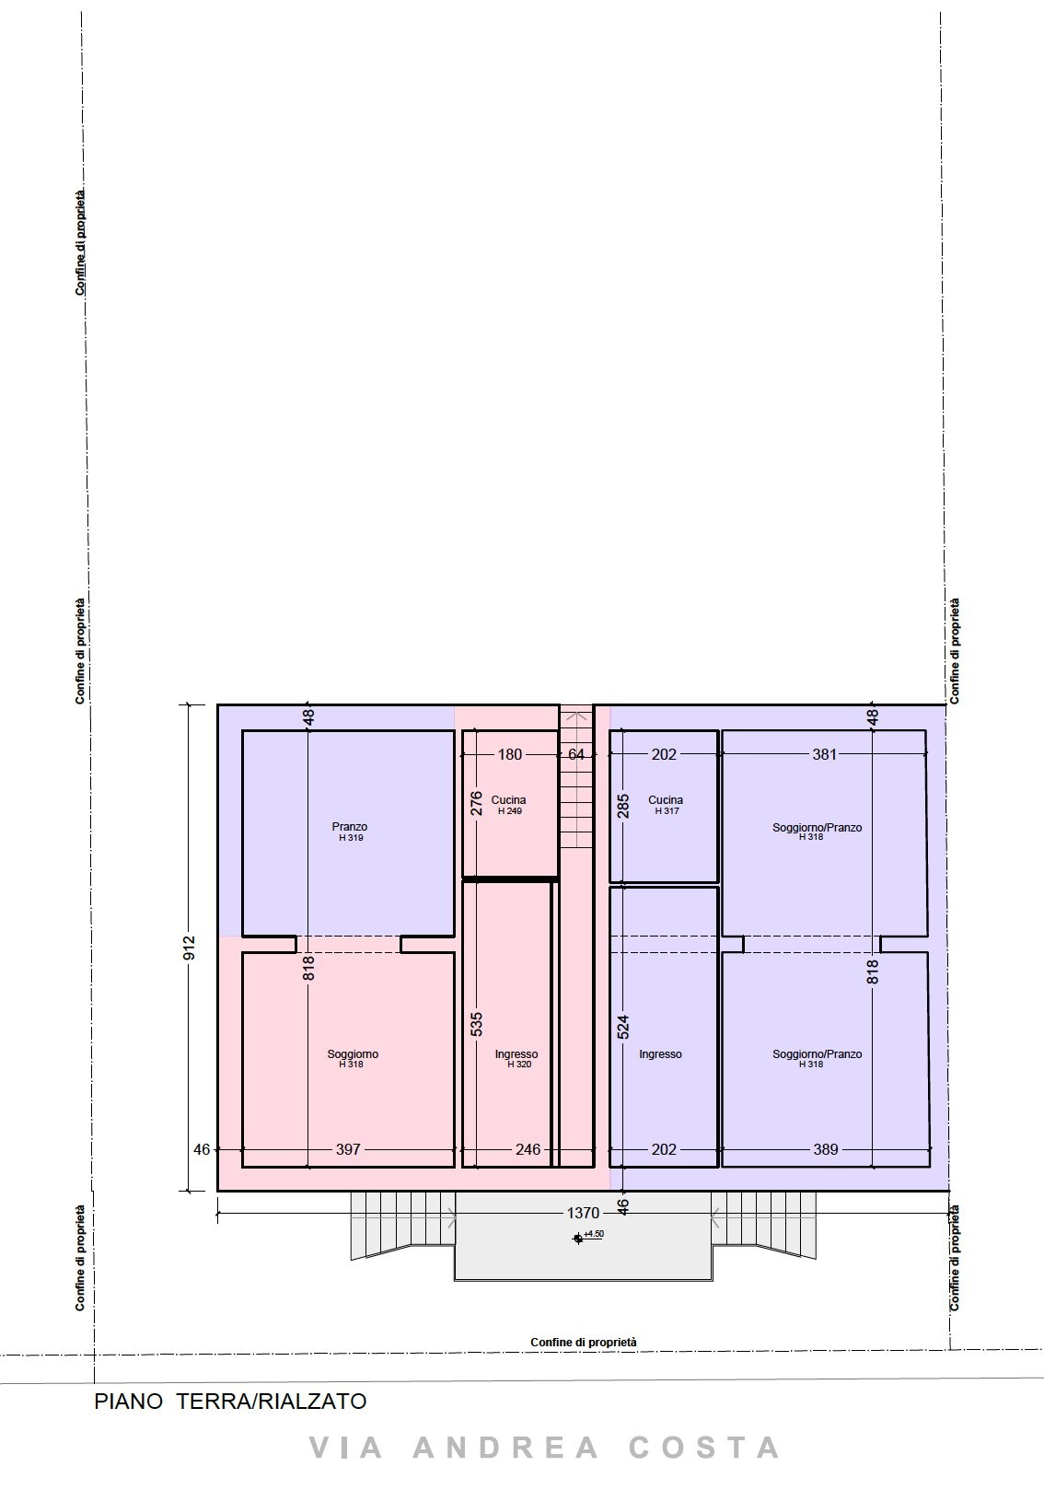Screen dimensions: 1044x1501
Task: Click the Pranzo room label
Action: pyautogui.click(x=349, y=827)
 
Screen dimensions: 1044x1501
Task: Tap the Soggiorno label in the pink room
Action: pyautogui.click(x=353, y=1054)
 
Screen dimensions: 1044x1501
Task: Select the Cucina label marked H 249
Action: pyautogui.click(x=508, y=800)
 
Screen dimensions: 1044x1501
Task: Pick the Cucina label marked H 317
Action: pyautogui.click(x=666, y=800)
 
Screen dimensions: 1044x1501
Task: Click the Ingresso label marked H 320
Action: pyautogui.click(x=516, y=1054)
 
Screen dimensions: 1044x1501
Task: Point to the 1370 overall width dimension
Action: pyautogui.click(x=583, y=1213)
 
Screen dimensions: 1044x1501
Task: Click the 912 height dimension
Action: pyautogui.click(x=190, y=948)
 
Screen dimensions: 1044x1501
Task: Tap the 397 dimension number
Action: pyautogui.click(x=348, y=1150)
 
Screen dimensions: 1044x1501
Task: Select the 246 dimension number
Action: pyautogui.click(x=528, y=1150)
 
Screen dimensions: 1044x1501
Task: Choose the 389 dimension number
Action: pyautogui.click(x=826, y=1150)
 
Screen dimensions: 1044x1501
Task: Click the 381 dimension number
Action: pyautogui.click(x=825, y=754)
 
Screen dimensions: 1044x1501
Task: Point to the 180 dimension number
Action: pyautogui.click(x=509, y=754)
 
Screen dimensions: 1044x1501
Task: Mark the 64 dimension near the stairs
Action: pyautogui.click(x=576, y=754)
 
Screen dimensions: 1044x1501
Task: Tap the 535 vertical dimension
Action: pyautogui.click(x=477, y=1024)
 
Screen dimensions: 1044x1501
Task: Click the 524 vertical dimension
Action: pyautogui.click(x=623, y=1027)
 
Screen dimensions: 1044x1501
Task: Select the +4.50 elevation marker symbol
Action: pyautogui.click(x=577, y=1239)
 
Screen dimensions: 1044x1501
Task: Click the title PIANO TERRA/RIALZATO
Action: pyautogui.click(x=230, y=1402)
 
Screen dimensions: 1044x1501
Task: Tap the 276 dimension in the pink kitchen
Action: pyautogui.click(x=477, y=804)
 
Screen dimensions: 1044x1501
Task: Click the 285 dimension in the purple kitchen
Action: pyautogui.click(x=623, y=806)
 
